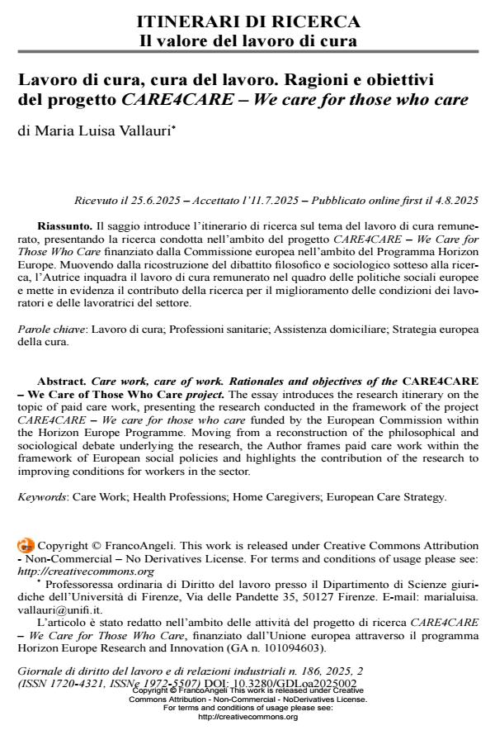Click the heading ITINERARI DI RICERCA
pyautogui.click(x=247, y=21)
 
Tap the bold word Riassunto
pyautogui.click(x=64, y=225)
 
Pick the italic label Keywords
pyautogui.click(x=42, y=496)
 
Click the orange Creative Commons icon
pyautogui.click(x=25, y=546)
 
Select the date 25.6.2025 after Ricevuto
pyautogui.click(x=167, y=200)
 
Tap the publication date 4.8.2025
pyautogui.click(x=453, y=200)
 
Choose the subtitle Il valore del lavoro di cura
pyautogui.click(x=247, y=39)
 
